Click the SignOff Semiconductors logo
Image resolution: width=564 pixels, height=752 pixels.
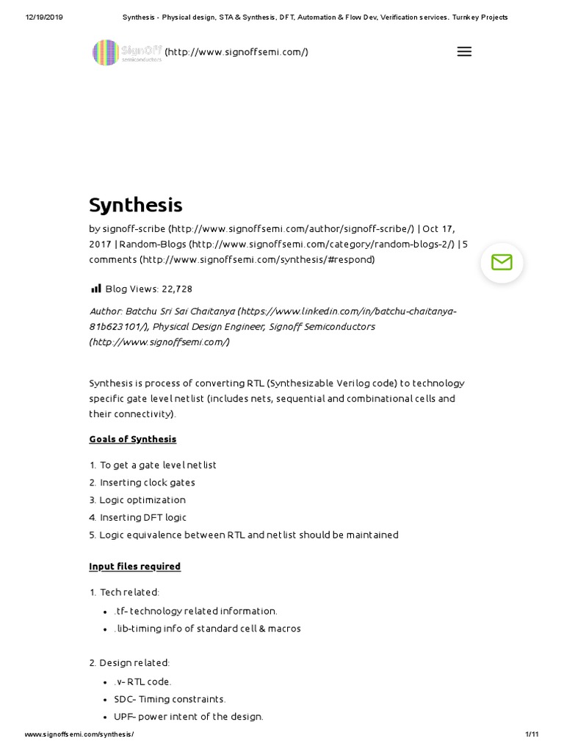[126, 52]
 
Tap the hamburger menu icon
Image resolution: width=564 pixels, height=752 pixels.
[464, 51]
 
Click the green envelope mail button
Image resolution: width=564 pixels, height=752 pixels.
[502, 262]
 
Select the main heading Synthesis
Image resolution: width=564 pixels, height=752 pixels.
[136, 205]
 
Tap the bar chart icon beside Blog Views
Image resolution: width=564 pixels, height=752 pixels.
[95, 289]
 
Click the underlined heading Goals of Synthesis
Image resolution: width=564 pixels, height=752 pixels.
[133, 439]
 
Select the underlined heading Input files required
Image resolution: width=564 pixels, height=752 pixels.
[135, 566]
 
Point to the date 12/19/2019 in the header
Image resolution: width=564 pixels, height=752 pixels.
[44, 17]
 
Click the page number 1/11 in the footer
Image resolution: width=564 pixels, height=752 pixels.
[532, 734]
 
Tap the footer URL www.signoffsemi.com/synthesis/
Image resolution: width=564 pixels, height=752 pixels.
[79, 734]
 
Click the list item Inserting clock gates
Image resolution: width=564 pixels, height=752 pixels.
[147, 482]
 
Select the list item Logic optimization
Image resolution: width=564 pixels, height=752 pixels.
[142, 500]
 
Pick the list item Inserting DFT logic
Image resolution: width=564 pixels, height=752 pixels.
[143, 518]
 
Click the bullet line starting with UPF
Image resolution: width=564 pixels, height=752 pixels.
[189, 717]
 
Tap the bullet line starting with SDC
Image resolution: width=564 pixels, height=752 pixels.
[170, 699]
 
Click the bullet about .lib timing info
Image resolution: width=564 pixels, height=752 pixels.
[207, 629]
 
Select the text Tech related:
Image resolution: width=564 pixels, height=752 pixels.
[129, 592]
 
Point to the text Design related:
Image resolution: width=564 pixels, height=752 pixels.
[134, 663]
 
